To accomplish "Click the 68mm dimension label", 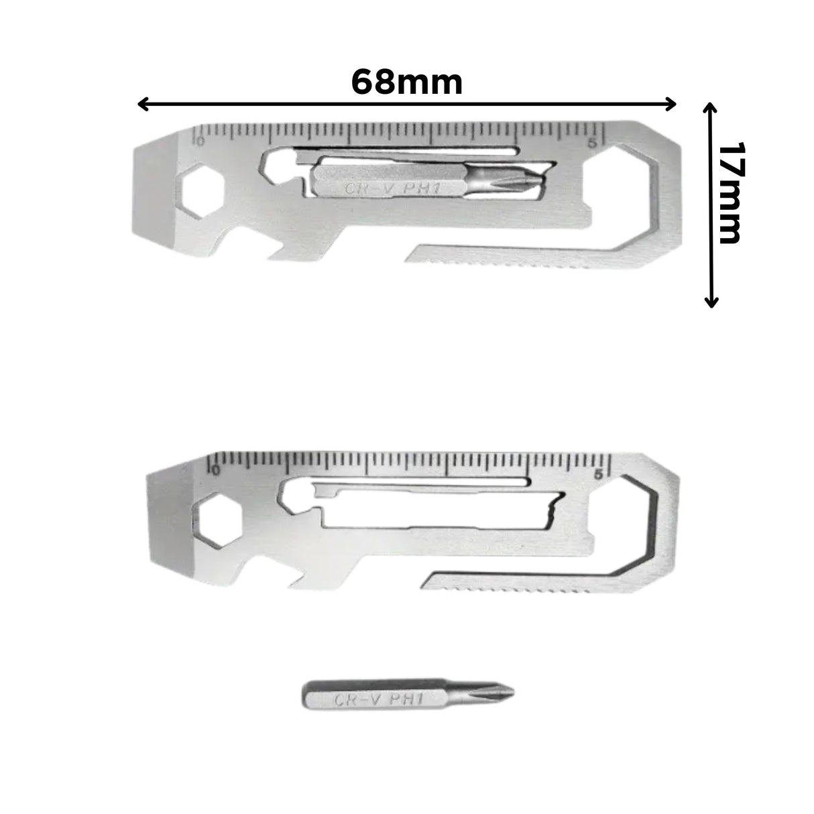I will pos(406,82).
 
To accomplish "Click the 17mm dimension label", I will pos(730,193).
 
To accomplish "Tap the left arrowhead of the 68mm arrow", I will pos(141,103).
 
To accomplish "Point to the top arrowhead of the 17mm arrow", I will pos(711,108).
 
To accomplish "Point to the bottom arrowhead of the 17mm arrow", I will pos(711,302).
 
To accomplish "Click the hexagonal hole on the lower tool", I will pos(214,517).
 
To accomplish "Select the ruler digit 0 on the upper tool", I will pos(198,140).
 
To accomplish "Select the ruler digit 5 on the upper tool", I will pos(591,142).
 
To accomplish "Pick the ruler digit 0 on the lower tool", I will pos(214,469).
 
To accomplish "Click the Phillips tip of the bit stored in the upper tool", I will pos(530,180).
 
